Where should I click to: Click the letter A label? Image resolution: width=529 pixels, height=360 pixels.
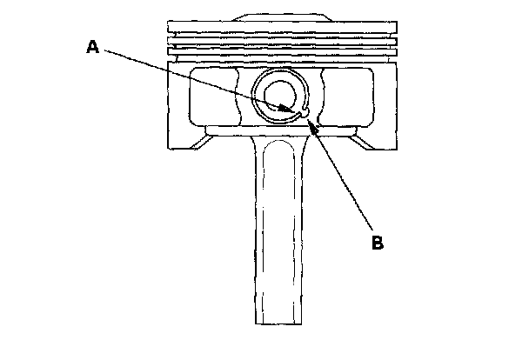coord(92,49)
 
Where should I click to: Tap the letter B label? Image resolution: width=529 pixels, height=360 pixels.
coord(378,243)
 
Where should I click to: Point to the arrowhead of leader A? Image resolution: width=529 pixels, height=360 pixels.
coord(297,110)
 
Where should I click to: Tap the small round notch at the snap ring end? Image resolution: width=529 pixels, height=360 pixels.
coord(305,110)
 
